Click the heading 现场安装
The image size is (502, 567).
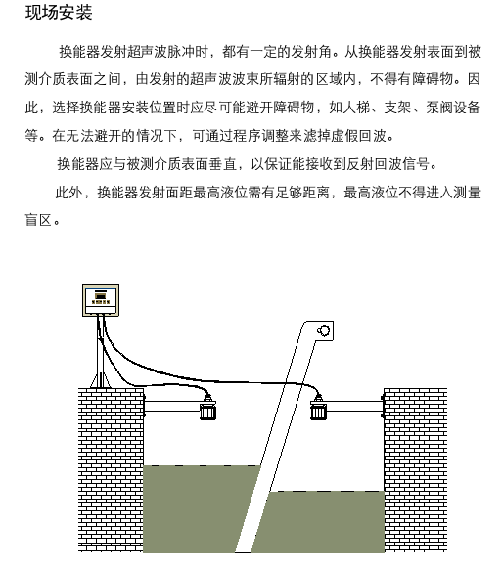[x=59, y=13]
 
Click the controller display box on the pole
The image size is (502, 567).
[x=101, y=300]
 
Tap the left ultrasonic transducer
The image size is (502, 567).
[x=208, y=409]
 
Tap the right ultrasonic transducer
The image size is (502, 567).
[x=318, y=409]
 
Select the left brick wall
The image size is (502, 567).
[x=111, y=470]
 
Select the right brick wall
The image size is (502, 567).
[x=415, y=470]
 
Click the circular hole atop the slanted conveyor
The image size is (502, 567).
[x=323, y=330]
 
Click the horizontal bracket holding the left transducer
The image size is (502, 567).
[x=172, y=406]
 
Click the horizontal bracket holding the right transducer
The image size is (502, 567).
[x=354, y=406]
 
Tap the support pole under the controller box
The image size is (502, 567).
[x=100, y=352]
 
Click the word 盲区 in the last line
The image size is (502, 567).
[x=38, y=220]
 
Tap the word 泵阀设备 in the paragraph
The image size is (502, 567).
[x=453, y=108]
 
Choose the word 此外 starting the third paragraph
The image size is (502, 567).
[x=68, y=192]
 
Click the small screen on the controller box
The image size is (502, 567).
[x=100, y=295]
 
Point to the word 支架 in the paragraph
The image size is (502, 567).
[x=397, y=108]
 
